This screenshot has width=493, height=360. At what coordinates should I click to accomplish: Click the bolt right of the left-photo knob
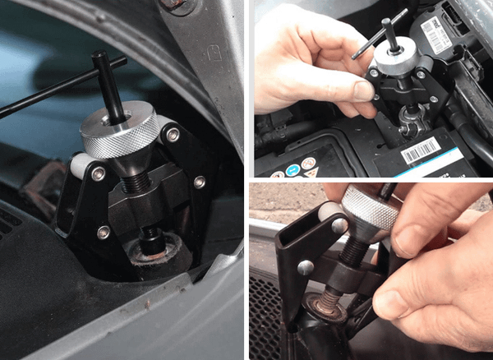[199, 181]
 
